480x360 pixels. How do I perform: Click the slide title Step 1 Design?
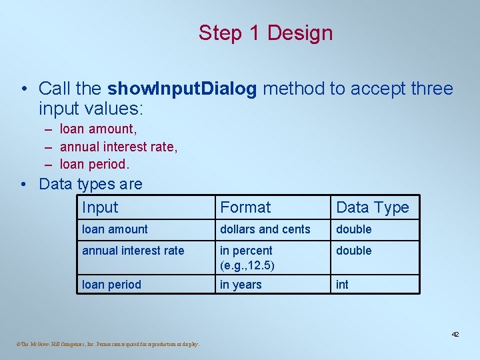click(265, 33)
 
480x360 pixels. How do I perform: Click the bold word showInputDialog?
click(182, 89)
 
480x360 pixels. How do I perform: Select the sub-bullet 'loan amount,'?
click(99, 129)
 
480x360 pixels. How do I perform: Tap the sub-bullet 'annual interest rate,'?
click(119, 146)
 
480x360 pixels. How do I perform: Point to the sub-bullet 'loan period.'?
click(95, 163)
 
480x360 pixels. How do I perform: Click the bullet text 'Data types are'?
click(91, 183)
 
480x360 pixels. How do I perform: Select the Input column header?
click(100, 207)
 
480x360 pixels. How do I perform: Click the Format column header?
click(245, 207)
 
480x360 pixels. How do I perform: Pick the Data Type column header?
click(372, 207)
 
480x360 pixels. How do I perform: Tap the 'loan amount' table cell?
click(115, 229)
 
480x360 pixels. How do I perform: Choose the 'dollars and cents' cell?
click(265, 229)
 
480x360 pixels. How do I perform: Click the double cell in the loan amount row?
click(354, 229)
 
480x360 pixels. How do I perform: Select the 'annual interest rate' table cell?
click(133, 251)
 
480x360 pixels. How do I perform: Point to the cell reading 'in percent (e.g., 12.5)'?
click(247, 257)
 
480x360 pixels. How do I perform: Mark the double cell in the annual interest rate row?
click(354, 251)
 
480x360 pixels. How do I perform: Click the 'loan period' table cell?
click(111, 285)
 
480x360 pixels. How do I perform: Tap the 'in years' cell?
click(241, 285)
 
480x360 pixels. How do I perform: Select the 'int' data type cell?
click(342, 285)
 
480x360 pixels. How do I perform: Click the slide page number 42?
click(455, 334)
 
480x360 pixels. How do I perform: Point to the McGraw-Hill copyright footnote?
click(105, 345)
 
